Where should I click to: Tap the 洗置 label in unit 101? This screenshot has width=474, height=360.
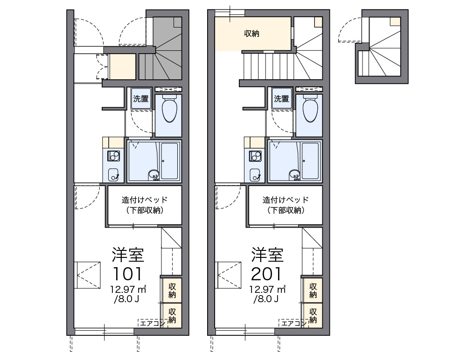[141, 98]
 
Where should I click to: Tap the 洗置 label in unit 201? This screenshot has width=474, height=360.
[282, 98]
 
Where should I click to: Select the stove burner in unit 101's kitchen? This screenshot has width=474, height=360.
[113, 156]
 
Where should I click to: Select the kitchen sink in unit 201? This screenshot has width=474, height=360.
[255, 175]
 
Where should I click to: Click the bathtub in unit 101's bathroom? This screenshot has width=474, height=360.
[169, 161]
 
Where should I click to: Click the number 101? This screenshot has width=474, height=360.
[127, 274]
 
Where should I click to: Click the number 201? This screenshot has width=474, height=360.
[266, 274]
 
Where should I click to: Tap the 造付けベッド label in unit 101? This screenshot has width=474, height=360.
[145, 200]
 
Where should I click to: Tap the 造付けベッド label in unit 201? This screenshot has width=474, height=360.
[286, 200]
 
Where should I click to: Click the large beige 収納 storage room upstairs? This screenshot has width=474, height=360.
[253, 34]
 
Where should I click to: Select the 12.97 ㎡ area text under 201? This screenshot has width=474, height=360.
[267, 289]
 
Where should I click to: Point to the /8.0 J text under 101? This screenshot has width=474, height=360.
[126, 299]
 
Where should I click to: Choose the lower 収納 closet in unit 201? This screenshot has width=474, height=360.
[313, 316]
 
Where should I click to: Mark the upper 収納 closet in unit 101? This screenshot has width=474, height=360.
[172, 291]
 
